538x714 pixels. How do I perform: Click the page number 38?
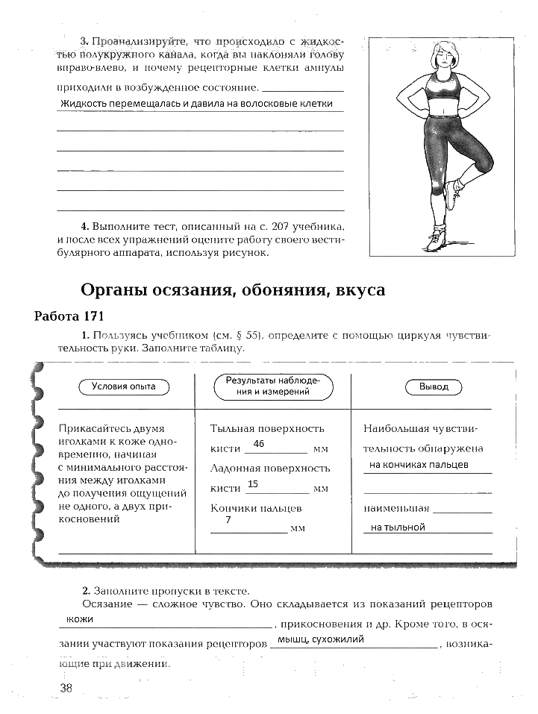tap(66, 688)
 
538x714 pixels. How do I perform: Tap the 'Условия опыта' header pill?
tap(124, 386)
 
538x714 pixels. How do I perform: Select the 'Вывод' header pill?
tap(434, 387)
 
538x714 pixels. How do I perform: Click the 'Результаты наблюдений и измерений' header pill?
tap(273, 386)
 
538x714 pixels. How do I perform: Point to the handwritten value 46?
tap(260, 444)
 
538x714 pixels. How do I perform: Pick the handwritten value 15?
tap(252, 484)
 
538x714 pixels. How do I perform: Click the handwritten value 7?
tap(228, 520)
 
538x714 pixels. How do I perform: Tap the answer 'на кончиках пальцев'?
tap(419, 465)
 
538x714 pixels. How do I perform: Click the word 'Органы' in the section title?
tap(111, 290)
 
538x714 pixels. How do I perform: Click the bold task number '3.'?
tap(84, 39)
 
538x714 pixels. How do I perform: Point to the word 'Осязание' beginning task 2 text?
tap(105, 604)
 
